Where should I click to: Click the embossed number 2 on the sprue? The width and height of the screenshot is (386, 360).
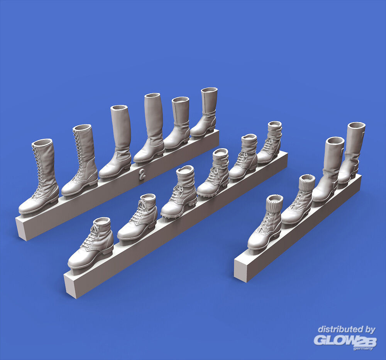tap(142, 174)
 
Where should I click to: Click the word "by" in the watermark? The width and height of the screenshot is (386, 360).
tap(370, 330)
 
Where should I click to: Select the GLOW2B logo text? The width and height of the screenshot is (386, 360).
tap(345, 340)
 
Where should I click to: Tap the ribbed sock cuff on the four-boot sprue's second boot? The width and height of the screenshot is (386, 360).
tap(307, 181)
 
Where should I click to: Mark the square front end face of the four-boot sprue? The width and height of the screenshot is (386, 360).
tap(240, 270)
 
